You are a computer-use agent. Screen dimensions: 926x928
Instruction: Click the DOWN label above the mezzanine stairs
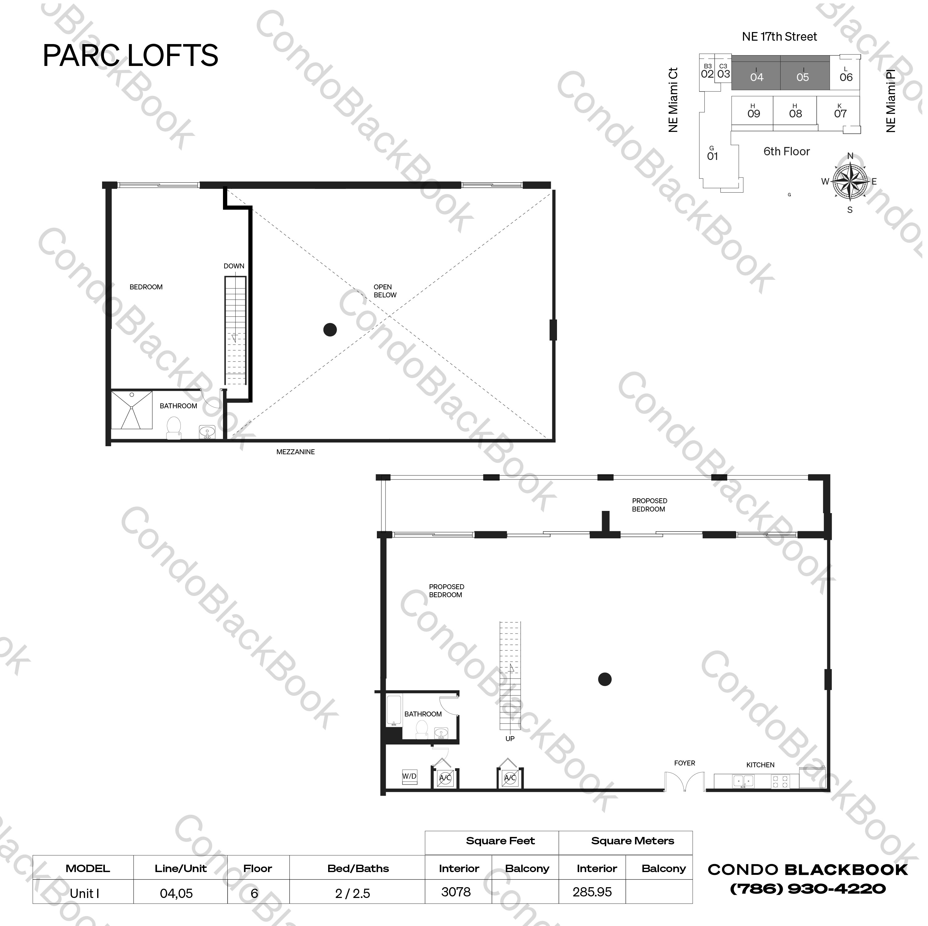[234, 266]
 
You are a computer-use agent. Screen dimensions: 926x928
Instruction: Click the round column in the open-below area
[330, 330]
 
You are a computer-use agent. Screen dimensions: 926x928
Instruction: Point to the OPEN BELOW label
[385, 291]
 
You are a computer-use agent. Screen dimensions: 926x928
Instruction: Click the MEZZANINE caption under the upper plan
[295, 452]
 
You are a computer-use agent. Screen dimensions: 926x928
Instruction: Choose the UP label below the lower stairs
[509, 739]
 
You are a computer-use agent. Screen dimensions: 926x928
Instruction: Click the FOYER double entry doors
[684, 781]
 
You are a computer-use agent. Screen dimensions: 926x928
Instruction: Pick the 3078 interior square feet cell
[456, 892]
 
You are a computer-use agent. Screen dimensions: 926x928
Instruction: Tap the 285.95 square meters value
[592, 892]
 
